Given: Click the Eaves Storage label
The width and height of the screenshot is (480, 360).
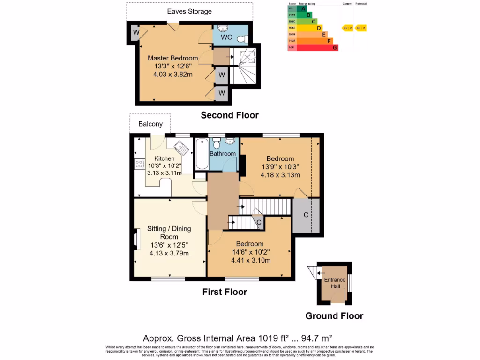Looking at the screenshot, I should [189, 11].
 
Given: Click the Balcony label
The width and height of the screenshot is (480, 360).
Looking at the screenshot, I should [150, 124].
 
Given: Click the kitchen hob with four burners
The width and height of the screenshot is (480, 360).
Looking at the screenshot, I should [139, 164].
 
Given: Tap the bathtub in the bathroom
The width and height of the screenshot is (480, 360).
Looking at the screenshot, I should [201, 154].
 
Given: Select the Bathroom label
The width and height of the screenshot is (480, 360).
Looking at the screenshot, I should [223, 154].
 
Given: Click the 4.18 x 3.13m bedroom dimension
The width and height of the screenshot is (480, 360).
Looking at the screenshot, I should [280, 175].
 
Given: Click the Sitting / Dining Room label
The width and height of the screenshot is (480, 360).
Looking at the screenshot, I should [169, 232].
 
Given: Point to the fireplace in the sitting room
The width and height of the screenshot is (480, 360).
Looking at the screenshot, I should [136, 239].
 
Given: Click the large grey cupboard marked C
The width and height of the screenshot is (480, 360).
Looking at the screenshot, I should [306, 216].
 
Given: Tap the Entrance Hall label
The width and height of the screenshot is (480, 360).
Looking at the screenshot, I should [335, 283].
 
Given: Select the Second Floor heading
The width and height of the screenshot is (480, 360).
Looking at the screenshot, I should [230, 115].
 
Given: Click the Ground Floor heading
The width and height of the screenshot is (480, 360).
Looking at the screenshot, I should [334, 316].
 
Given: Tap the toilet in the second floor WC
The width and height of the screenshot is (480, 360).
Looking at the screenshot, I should [242, 38].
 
